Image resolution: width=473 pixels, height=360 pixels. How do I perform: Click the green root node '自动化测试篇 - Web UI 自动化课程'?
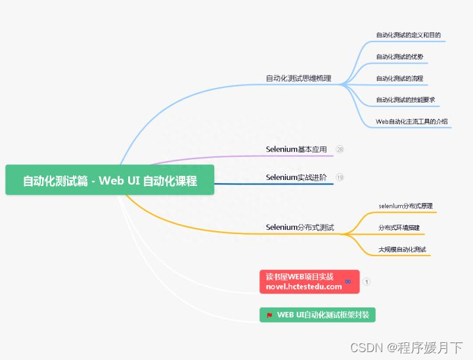(110, 181)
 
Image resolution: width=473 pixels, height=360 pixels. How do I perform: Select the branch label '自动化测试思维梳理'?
(298, 78)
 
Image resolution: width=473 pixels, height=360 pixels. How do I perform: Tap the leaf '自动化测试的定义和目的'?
(408, 35)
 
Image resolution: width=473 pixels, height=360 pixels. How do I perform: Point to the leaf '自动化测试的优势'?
(399, 56)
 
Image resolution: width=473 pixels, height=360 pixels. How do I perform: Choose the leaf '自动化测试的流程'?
(399, 78)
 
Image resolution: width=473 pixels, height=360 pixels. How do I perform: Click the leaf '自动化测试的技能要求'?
(405, 100)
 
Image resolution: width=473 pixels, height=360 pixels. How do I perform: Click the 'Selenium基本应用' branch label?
(296, 149)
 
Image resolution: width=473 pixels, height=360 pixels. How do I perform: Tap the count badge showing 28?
(340, 149)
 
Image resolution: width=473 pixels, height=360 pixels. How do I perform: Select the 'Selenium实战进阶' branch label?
(296, 177)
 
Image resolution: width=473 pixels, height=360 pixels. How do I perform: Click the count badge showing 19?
(340, 177)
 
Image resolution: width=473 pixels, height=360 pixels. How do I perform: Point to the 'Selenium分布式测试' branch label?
(300, 227)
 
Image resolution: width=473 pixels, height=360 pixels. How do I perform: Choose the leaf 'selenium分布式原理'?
(405, 206)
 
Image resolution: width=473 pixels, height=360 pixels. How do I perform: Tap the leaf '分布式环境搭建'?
(399, 227)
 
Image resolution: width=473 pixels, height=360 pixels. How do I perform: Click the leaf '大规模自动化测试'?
(402, 249)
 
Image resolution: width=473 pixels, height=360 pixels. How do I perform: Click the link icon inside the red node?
(348, 282)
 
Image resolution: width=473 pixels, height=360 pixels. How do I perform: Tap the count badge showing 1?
(367, 282)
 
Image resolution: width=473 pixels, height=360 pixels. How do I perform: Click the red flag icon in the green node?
(269, 315)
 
